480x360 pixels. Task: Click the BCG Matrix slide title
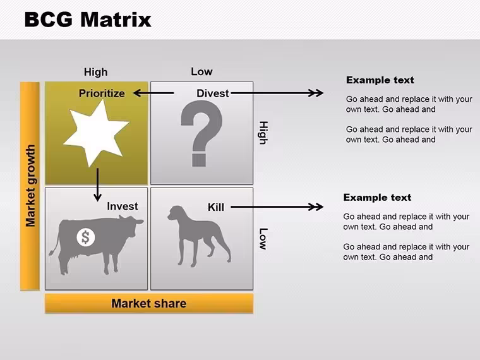tap(88, 20)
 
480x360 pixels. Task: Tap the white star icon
tap(96, 133)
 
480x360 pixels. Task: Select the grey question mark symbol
tap(201, 133)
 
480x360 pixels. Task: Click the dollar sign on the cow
tap(86, 237)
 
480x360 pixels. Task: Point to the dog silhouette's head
tap(177, 213)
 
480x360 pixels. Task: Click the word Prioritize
tap(102, 93)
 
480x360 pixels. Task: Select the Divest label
tap(212, 93)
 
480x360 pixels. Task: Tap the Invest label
tap(123, 207)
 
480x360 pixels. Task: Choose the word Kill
tap(216, 207)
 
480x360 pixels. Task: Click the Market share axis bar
tap(149, 303)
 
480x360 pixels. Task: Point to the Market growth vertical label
tap(30, 186)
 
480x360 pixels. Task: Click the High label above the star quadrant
tap(96, 72)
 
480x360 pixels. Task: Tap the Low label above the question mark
tap(201, 71)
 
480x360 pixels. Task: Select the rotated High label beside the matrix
tap(263, 133)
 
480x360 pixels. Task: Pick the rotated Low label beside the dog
tap(263, 239)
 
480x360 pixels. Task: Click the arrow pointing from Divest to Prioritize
tap(153, 93)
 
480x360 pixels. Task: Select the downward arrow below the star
tap(98, 184)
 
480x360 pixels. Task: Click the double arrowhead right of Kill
tap(316, 207)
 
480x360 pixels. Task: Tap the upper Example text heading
tap(380, 80)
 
